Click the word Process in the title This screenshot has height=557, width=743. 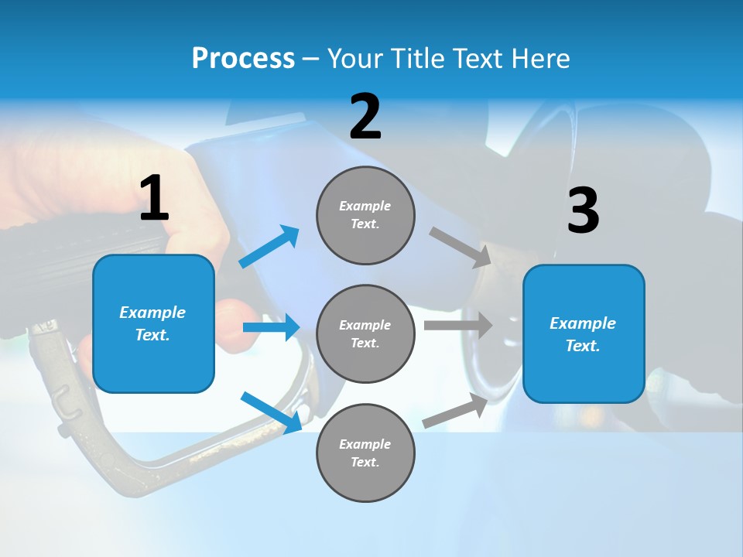tap(243, 59)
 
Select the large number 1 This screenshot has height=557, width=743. tap(154, 199)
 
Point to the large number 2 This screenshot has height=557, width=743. tap(365, 117)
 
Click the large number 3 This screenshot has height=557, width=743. tap(583, 210)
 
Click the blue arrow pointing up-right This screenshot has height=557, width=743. tap(269, 247)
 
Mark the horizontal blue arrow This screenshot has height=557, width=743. tap(271, 327)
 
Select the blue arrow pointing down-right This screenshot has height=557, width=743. tap(271, 412)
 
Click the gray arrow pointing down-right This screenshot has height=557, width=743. tap(461, 247)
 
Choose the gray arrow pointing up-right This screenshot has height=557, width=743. tap(455, 411)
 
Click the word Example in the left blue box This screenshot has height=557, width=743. tap(152, 313)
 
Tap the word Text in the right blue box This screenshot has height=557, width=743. tap(581, 346)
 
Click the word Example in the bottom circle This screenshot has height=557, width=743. tap(365, 444)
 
